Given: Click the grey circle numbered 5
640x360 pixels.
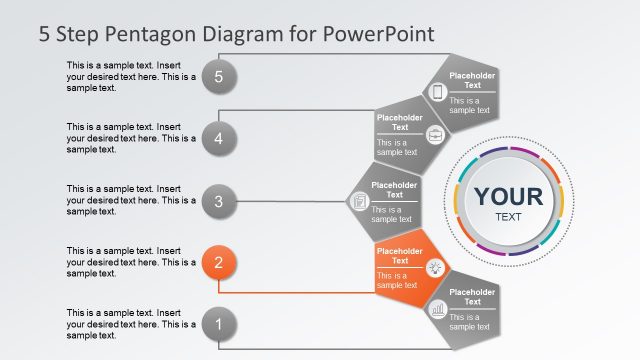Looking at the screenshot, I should coord(218,75).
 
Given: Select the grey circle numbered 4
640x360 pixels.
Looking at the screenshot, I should coord(218,138).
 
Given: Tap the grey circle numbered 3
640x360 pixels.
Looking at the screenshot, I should coord(218,201).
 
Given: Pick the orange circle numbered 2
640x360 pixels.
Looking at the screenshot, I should coord(218,263).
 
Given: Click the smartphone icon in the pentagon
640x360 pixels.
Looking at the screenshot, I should coord(437,92).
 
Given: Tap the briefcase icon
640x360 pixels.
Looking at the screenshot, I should coord(434,136).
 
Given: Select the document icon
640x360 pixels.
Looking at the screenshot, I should coord(358,202).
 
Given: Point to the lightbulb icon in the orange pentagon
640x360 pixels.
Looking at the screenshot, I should coord(435,267).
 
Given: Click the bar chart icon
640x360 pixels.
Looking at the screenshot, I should coord(437,310).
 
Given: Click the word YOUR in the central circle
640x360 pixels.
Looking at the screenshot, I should coord(508,196).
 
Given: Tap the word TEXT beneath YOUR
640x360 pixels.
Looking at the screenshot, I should coord(508,217).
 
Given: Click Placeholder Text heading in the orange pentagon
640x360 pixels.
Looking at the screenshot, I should coord(399,256).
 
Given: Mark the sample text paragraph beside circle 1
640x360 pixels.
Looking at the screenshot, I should coord(131,324).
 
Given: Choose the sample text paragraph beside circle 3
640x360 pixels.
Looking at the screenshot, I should coord(131,200).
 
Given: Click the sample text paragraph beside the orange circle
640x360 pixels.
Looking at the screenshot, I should coord(131,262).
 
